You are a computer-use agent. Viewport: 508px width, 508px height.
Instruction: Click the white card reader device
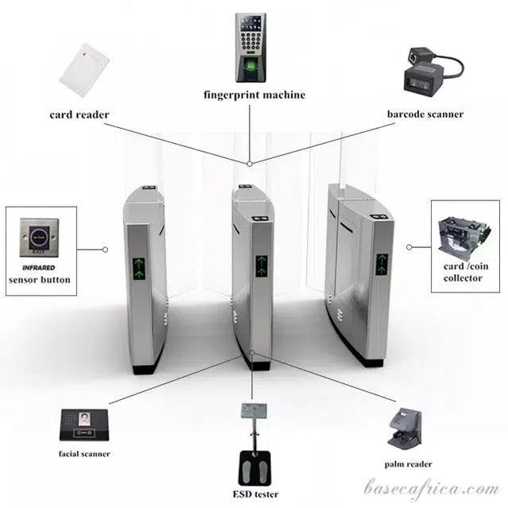click(x=84, y=69)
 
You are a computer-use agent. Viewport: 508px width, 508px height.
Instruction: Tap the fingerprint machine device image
click(x=251, y=48)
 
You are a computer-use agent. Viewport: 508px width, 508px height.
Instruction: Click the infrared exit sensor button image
click(x=40, y=235)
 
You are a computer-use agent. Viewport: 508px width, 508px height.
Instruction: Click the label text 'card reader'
click(x=79, y=114)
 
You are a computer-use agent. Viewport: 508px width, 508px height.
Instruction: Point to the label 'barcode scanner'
click(x=425, y=114)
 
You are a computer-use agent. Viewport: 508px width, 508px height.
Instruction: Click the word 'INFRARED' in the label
click(x=38, y=268)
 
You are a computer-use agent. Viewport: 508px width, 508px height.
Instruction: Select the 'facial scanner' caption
click(x=83, y=454)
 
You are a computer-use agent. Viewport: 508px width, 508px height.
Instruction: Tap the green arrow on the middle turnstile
click(x=262, y=266)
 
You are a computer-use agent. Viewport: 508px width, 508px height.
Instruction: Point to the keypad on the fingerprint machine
click(x=251, y=41)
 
